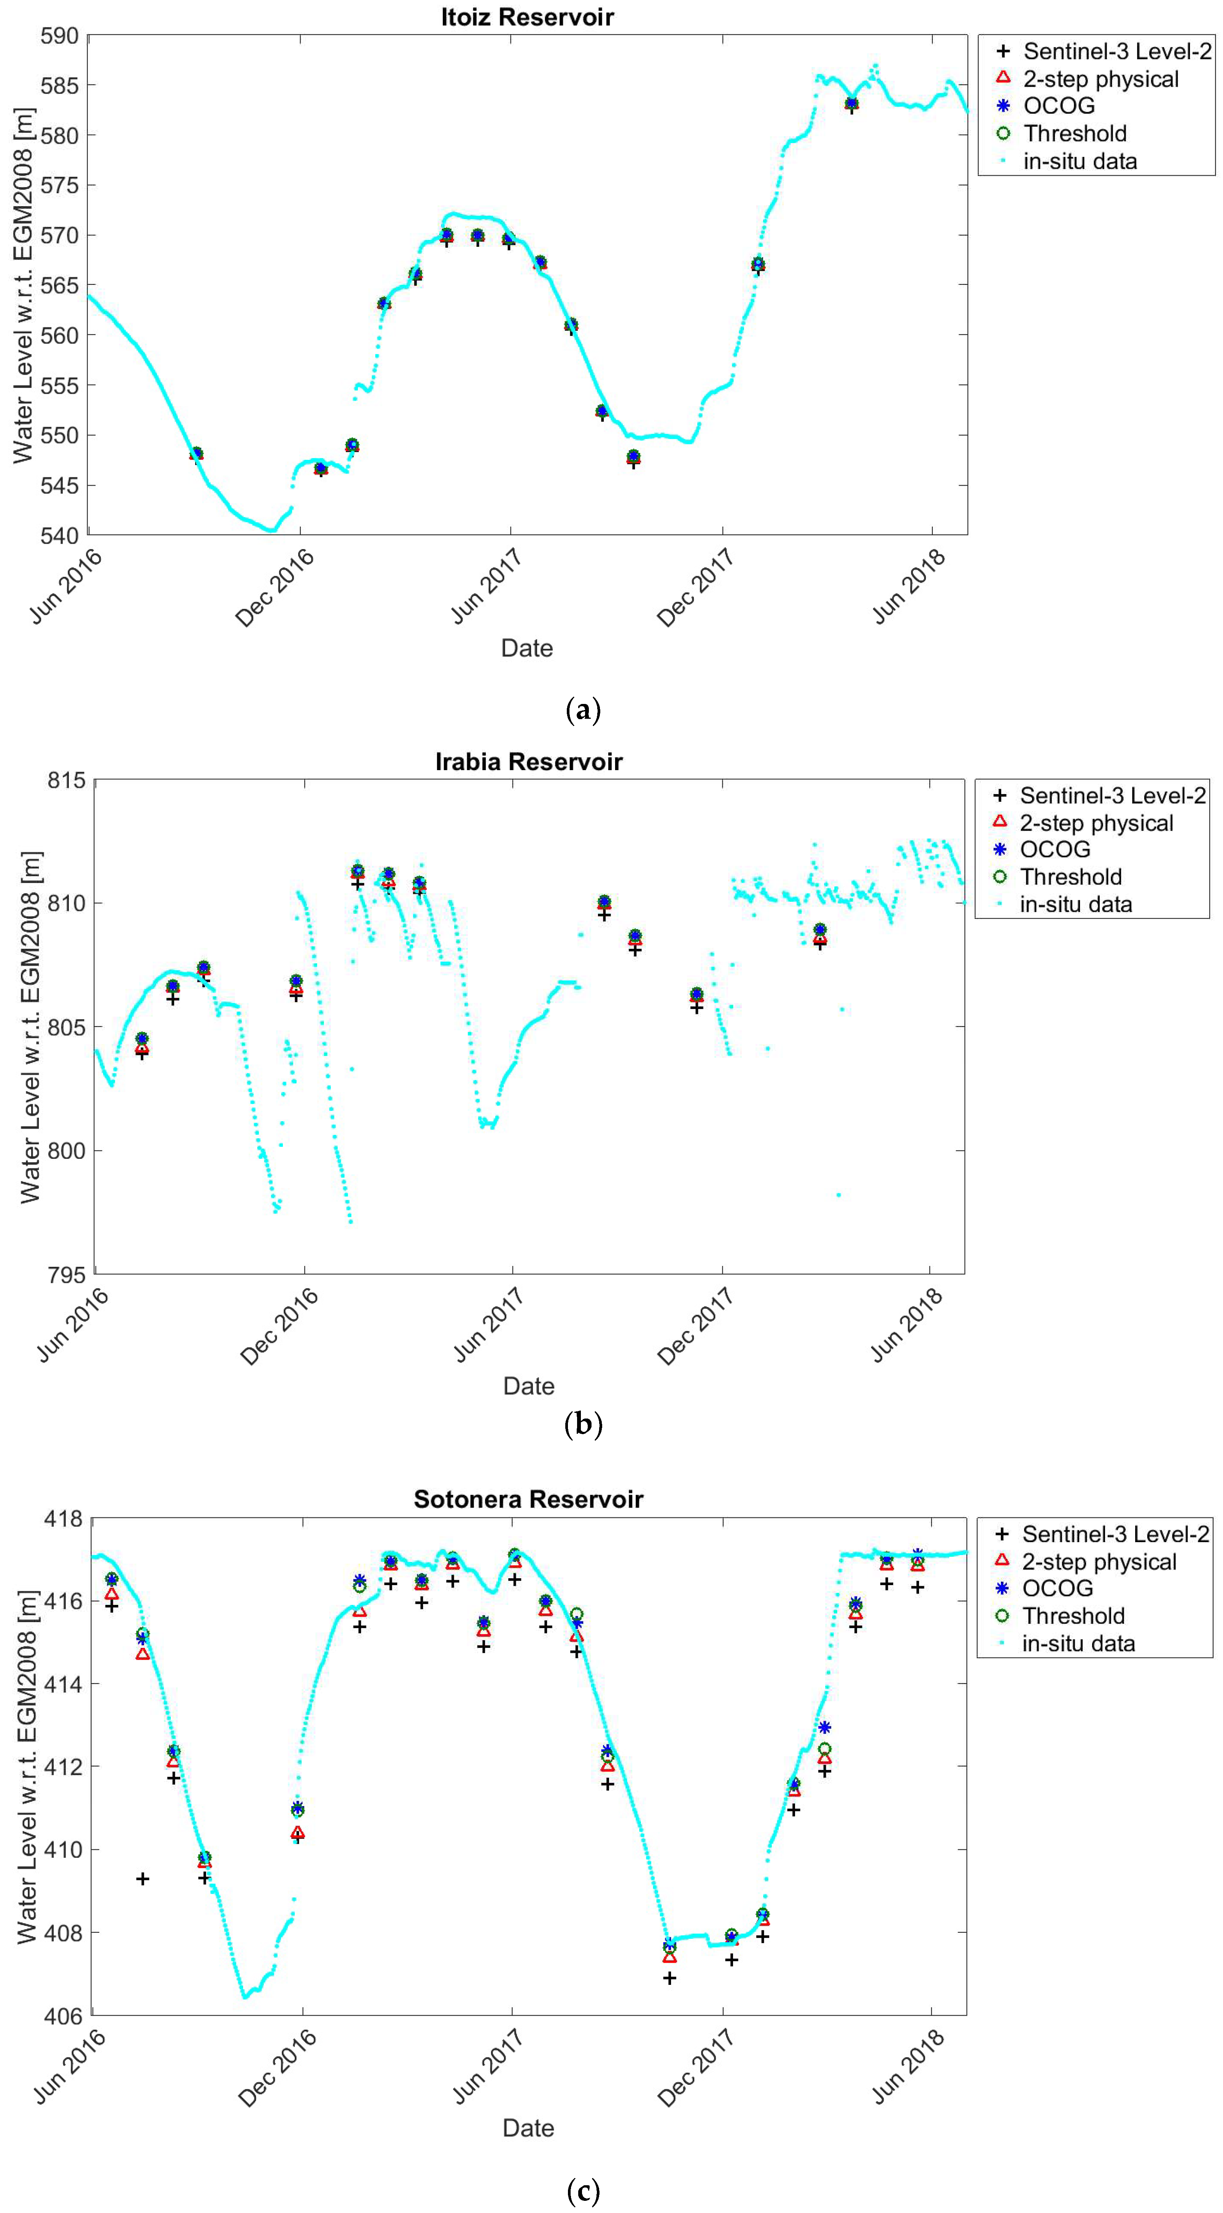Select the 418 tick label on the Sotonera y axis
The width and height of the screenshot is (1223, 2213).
[x=64, y=1519]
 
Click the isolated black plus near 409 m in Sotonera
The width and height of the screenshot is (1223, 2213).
[x=143, y=1879]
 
